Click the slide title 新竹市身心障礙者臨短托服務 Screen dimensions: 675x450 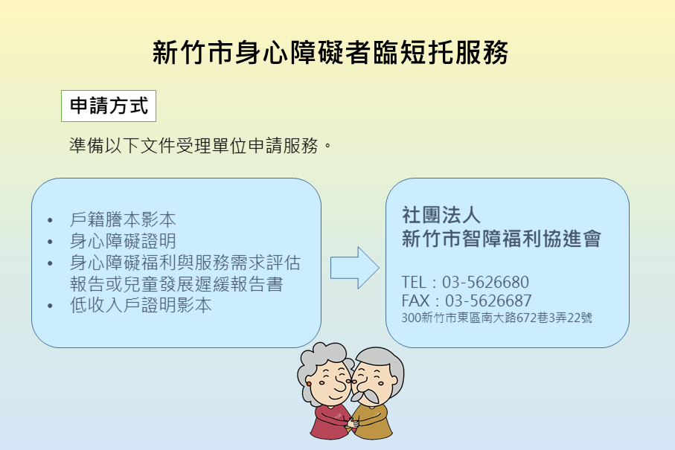pyautogui.click(x=330, y=53)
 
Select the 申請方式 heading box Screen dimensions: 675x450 pyautogui.click(x=109, y=106)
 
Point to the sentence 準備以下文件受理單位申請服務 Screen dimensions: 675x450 pyautogui.click(x=200, y=146)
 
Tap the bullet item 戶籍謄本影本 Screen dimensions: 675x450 pyautogui.click(x=123, y=219)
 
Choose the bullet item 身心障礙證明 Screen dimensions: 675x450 pyautogui.click(x=123, y=241)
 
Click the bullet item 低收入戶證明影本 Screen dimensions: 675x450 pyautogui.click(x=141, y=305)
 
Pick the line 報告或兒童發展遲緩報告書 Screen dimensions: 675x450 pyautogui.click(x=176, y=284)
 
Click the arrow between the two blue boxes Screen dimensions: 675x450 pyautogui.click(x=355, y=268)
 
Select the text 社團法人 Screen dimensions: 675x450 pyautogui.click(x=441, y=215)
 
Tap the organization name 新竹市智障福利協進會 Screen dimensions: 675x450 pyautogui.click(x=501, y=238)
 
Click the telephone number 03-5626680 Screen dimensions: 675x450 pyautogui.click(x=485, y=282)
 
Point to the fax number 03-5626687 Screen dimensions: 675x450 pyautogui.click(x=488, y=300)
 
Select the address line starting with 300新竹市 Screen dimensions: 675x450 pyautogui.click(x=497, y=318)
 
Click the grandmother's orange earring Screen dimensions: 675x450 pyautogui.click(x=309, y=383)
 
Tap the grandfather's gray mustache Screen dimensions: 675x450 pyautogui.click(x=365, y=395)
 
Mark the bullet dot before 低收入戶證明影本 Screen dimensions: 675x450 pyautogui.click(x=51, y=306)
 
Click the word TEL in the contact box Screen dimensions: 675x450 pyautogui.click(x=414, y=282)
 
